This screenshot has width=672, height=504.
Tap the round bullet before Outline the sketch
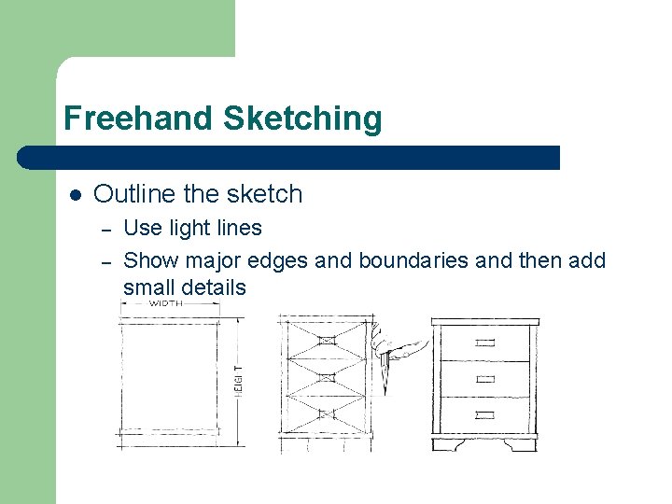(x=76, y=195)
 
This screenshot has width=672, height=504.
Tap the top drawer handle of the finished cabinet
(x=485, y=343)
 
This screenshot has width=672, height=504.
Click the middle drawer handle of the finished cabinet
(x=485, y=379)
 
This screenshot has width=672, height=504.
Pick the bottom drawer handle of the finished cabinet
(x=485, y=413)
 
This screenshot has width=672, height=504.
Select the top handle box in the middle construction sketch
(x=327, y=341)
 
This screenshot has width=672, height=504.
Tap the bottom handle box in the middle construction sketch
(x=327, y=412)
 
